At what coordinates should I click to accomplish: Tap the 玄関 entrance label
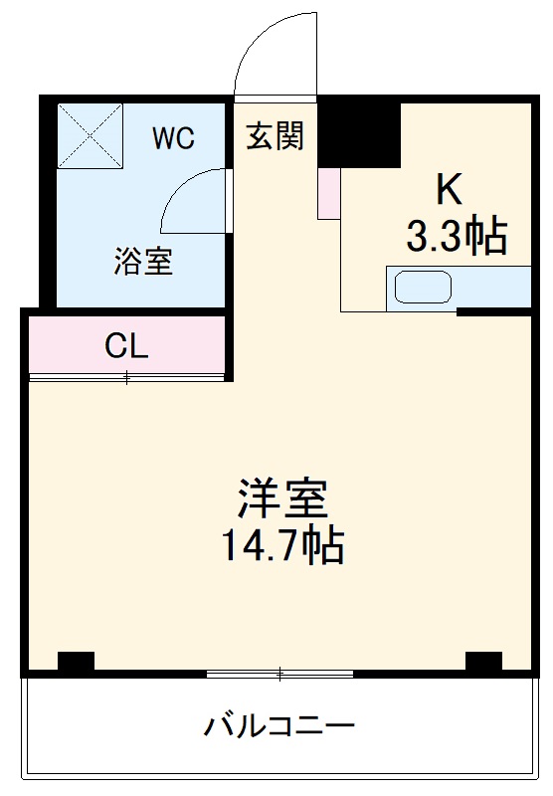click(x=275, y=137)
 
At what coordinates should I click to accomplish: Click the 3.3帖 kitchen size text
click(x=457, y=236)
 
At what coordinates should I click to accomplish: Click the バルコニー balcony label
click(x=279, y=725)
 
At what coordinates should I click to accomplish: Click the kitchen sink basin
click(x=424, y=288)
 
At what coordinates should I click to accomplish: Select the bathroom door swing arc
click(x=191, y=200)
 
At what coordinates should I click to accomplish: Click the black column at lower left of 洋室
click(x=76, y=661)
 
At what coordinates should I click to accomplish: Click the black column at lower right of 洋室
click(x=483, y=661)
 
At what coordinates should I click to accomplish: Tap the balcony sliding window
click(x=280, y=676)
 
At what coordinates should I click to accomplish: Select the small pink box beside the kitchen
click(x=328, y=194)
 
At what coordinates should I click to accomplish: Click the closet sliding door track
click(x=127, y=377)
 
